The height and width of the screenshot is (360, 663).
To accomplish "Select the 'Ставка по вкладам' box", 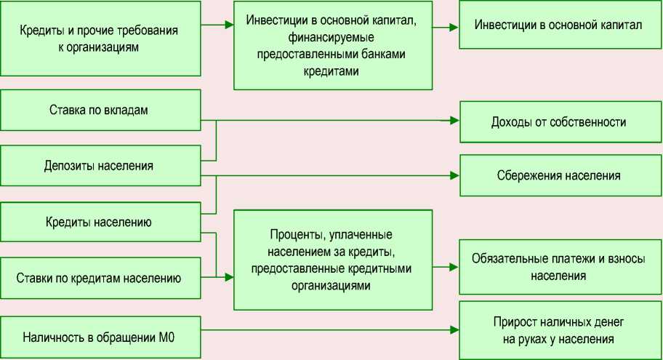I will pos(100,111).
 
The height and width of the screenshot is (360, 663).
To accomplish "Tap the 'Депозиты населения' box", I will pos(100,166).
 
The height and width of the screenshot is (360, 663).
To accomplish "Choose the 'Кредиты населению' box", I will pos(100,223).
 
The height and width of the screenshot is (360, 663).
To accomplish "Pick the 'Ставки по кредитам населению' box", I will pos(100,277).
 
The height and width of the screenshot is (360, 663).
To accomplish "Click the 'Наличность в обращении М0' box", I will pos(100,337).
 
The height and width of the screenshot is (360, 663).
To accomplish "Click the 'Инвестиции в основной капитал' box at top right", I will pos(558,25).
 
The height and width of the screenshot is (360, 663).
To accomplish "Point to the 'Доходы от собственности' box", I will pos(558,121).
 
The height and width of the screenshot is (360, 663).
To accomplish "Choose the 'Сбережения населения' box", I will pos(558,175).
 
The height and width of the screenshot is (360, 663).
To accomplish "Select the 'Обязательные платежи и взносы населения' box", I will pos(558,267).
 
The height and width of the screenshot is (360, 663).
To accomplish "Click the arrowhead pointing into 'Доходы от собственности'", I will pos(454,120).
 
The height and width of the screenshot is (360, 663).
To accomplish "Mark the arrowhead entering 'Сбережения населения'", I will pos(454,175).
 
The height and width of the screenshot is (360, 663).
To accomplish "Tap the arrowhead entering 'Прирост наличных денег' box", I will pos(454,331).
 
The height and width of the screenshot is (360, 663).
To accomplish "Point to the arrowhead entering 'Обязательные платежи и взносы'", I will pos(454,267).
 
